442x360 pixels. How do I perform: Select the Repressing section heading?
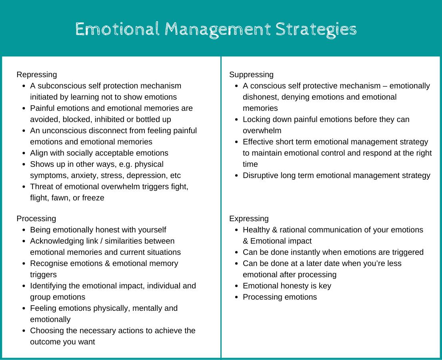37,74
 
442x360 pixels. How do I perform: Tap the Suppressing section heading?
251,74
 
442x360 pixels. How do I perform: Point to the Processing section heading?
36,218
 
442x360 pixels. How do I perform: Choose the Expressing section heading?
249,218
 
